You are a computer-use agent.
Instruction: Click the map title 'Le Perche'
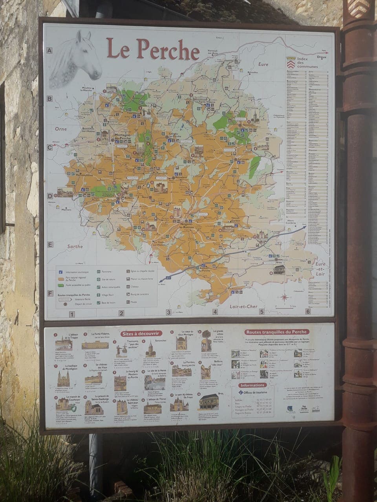[153, 50]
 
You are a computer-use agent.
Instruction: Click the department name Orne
[61, 128]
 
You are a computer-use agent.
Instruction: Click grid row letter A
[50, 50]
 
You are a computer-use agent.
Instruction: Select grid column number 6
[308, 312]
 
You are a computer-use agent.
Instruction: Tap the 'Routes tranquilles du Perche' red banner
[277, 332]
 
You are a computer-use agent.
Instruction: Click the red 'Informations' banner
[253, 385]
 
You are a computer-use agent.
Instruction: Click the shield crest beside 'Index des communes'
[290, 62]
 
